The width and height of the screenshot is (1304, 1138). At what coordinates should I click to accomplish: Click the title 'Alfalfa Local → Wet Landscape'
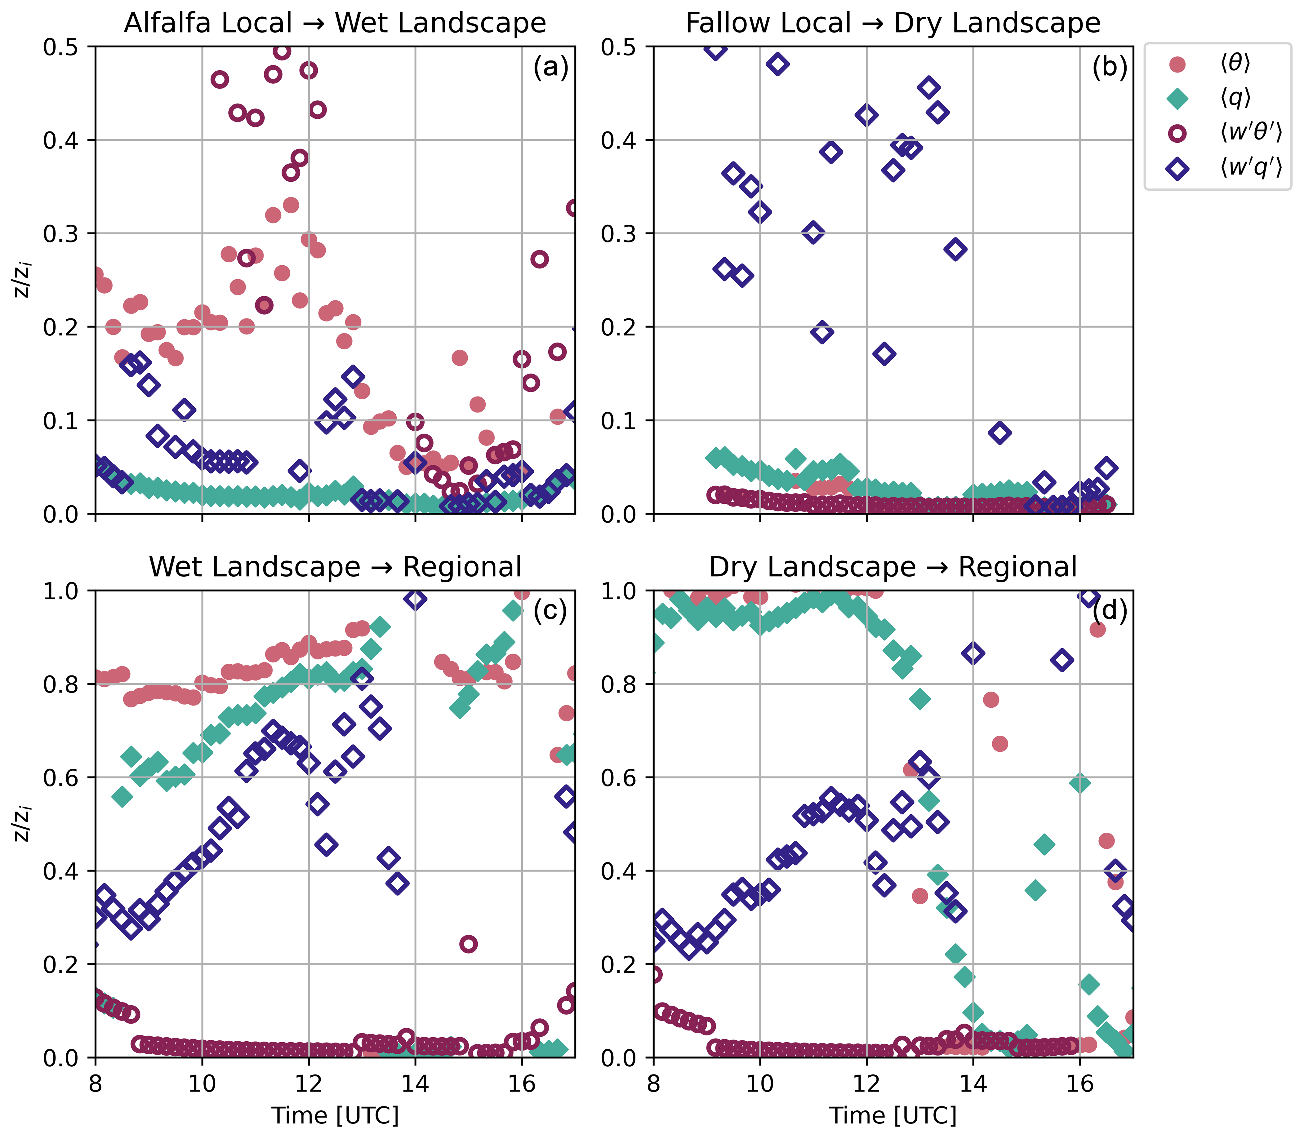click(x=335, y=24)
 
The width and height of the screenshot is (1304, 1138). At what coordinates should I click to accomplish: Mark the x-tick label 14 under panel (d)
click(x=973, y=1084)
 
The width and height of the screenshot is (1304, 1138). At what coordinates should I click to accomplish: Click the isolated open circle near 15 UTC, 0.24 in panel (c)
click(x=469, y=944)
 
